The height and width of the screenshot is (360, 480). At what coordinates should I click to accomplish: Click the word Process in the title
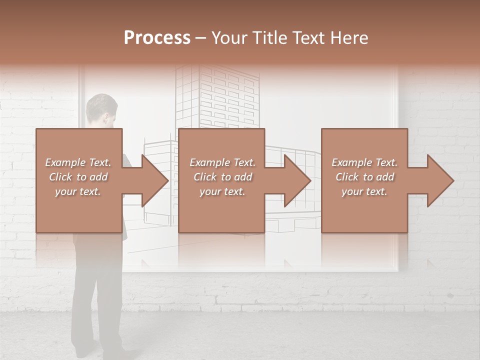(x=157, y=38)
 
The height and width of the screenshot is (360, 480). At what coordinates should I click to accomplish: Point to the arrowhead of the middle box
(x=296, y=181)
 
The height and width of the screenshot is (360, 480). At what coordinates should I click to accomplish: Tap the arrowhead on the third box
(x=439, y=181)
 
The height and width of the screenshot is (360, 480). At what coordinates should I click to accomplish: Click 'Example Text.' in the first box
(x=78, y=162)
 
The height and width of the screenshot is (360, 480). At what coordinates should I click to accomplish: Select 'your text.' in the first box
(x=78, y=191)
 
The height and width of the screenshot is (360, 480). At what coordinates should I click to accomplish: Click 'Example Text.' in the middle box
(x=222, y=162)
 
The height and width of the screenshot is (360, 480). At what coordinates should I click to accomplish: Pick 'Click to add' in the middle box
(x=222, y=177)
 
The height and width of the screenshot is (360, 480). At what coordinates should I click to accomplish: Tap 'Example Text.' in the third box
(x=364, y=162)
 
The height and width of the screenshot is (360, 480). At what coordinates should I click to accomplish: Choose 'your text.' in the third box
(x=364, y=191)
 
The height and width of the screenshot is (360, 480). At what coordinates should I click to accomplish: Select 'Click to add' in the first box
(x=78, y=177)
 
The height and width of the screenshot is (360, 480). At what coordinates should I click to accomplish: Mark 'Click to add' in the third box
(x=364, y=177)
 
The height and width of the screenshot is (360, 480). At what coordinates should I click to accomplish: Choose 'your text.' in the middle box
(x=222, y=191)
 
